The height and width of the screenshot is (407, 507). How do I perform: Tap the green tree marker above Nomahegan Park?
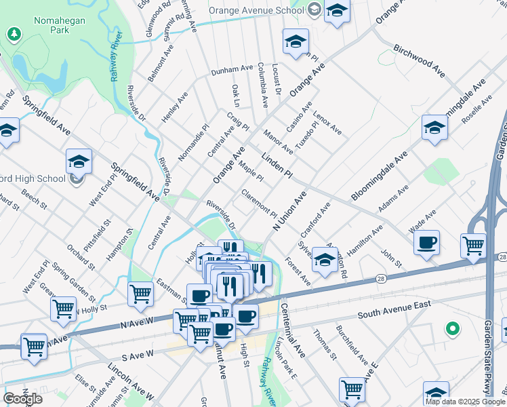coord(14,33)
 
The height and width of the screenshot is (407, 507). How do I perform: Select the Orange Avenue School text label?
coord(256,10)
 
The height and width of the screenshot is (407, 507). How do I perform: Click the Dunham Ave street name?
coord(231,70)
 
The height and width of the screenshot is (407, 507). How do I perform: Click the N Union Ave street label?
coord(290,212)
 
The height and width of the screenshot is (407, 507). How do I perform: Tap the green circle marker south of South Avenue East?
coord(452,330)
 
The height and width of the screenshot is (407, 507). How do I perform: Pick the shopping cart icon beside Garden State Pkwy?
coord(473,245)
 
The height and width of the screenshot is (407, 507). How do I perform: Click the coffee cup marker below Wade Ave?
coord(426,243)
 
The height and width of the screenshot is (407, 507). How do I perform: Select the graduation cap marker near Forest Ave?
coord(325,261)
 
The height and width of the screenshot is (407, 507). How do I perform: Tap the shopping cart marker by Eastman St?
coord(140,293)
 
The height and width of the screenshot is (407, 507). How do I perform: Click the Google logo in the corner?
coord(22,399)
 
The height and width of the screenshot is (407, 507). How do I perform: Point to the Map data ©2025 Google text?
coord(465,402)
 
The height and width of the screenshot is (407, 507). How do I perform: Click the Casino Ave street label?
coord(299,117)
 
